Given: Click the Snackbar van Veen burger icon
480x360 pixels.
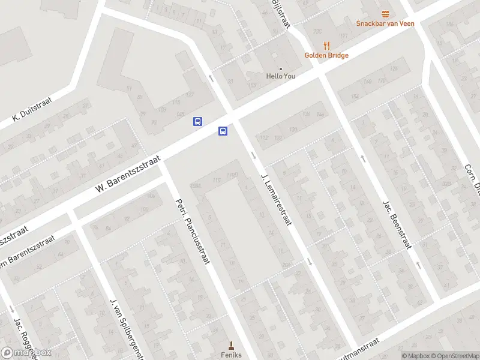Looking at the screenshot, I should (385, 14).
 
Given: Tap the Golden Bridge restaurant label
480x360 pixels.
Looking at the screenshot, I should (326, 55).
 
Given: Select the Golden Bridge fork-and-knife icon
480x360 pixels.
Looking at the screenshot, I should (326, 45).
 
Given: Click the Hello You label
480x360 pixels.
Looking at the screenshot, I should (281, 76).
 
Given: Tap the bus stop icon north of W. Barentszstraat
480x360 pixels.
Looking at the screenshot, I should (197, 121).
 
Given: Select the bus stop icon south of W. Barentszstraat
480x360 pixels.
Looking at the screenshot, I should (223, 131).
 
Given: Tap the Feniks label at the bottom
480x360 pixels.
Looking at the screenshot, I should (231, 355).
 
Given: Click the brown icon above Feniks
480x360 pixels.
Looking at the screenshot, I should (231, 344).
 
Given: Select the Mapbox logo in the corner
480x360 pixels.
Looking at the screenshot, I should (26, 352).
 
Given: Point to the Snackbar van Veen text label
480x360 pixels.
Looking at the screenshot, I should (385, 24).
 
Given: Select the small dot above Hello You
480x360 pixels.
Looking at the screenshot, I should (281, 68).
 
